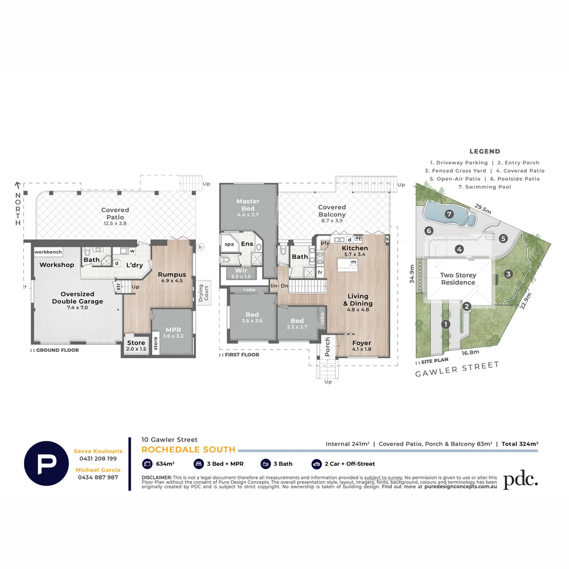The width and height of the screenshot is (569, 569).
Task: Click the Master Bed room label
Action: (x=248, y=205)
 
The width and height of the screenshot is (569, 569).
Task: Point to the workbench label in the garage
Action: (x=48, y=252)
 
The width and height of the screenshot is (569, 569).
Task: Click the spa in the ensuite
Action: (x=229, y=244)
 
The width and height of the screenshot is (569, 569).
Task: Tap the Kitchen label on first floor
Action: (x=355, y=248)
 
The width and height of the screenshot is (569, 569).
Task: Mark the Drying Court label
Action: (x=200, y=292)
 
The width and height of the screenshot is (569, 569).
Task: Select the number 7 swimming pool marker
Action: (x=449, y=214)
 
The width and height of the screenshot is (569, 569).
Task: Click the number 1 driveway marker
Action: (x=446, y=325)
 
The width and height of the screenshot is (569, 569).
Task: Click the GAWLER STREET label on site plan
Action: (x=457, y=369)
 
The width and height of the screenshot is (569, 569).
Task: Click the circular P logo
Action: (x=46, y=463)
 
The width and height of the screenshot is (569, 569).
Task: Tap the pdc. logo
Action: (x=520, y=480)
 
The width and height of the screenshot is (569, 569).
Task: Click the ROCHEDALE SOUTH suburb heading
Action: (x=188, y=449)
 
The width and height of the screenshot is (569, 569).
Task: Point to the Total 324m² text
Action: (x=519, y=444)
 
